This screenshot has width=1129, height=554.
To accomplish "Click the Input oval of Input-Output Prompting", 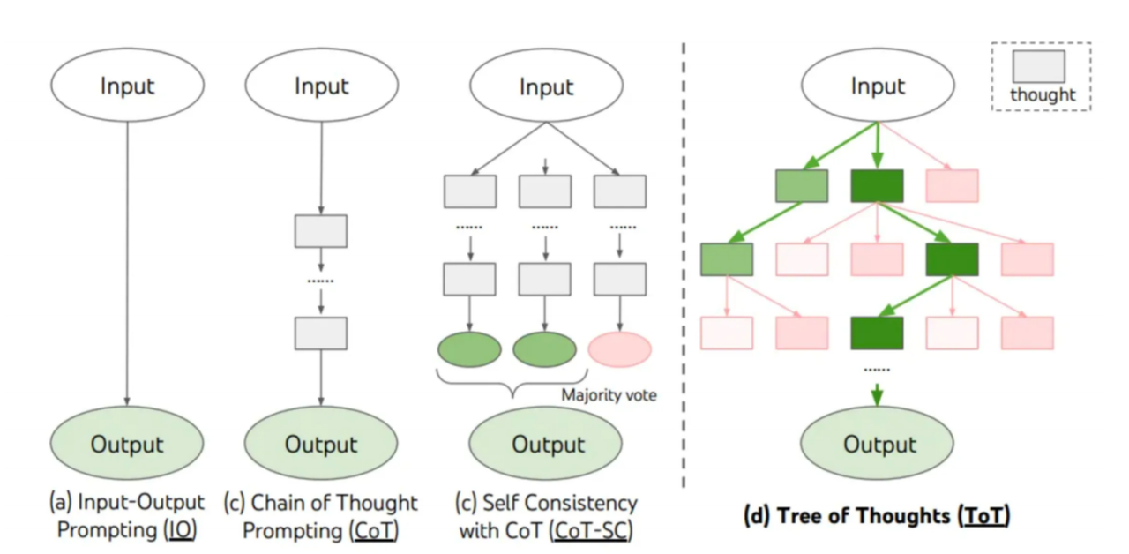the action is (128, 85).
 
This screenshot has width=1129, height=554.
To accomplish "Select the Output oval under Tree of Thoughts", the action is (877, 443).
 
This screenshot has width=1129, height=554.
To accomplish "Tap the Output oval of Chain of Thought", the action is (321, 443).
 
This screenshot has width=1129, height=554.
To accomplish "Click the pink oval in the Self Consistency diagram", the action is (619, 348).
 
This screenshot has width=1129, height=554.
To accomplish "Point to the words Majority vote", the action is (609, 394).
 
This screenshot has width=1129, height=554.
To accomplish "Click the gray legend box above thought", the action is (1039, 66).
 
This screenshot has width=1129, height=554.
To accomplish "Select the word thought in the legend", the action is (1043, 94).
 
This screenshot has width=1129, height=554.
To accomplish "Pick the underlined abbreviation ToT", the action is (983, 516).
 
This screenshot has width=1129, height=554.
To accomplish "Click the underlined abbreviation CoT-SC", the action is (591, 531).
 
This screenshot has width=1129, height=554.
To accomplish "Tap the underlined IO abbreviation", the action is (181, 530).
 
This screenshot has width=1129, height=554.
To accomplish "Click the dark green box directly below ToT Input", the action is (877, 186).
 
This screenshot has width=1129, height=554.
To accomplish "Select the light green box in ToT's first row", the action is (802, 186).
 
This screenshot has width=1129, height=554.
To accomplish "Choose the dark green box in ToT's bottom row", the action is (877, 333).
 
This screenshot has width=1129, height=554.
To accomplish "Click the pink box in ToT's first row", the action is (952, 186).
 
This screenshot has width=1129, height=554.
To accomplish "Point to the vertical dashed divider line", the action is (684, 266).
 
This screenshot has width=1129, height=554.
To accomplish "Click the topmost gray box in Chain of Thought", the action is (321, 231).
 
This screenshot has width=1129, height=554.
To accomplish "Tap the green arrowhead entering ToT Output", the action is (877, 397).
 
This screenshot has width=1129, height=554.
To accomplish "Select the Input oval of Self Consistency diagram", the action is (546, 85).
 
